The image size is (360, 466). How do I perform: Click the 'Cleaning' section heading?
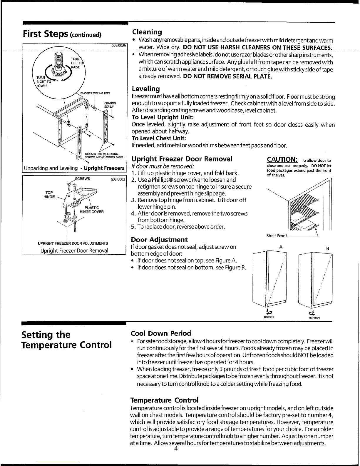tap(147, 32)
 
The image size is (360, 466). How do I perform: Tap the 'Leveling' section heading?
tap(146, 89)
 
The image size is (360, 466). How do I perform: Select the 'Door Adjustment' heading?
tap(159, 240)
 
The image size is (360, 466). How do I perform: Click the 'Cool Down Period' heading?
tap(161, 333)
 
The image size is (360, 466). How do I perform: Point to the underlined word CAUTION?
tap(282, 159)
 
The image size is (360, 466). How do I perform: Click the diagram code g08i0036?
tap(118, 46)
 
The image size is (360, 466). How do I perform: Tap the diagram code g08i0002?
tap(118, 179)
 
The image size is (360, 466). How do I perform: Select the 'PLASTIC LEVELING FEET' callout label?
tap(95, 93)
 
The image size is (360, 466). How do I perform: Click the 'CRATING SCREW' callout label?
tap(110, 105)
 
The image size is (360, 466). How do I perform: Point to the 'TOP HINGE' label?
tap(49, 195)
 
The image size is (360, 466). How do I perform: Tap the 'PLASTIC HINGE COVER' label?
tap(92, 210)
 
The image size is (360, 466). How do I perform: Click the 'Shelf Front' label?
tap(277, 236)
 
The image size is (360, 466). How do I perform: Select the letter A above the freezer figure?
tap(281, 247)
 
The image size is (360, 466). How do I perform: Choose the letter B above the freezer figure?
tap(328, 248)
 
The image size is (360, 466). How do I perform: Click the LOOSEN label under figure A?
tap(269, 317)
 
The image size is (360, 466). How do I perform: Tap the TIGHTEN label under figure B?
tap(314, 318)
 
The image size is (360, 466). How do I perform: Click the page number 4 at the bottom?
tap(176, 449)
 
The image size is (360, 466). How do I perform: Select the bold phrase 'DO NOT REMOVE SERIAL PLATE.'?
tap(227, 76)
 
